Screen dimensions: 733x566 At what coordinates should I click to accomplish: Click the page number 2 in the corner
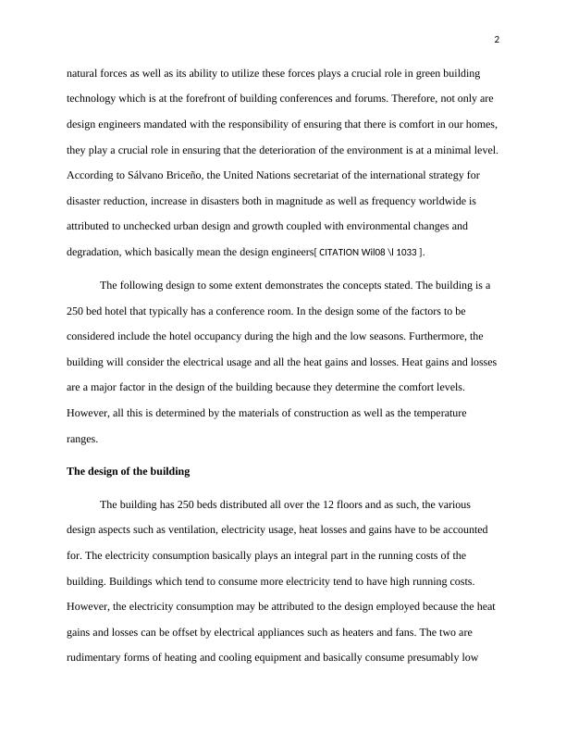pos(497,39)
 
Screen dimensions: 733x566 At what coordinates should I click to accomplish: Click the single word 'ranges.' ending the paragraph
pos(82,440)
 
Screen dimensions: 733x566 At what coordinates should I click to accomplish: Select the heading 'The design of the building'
pos(128,471)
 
